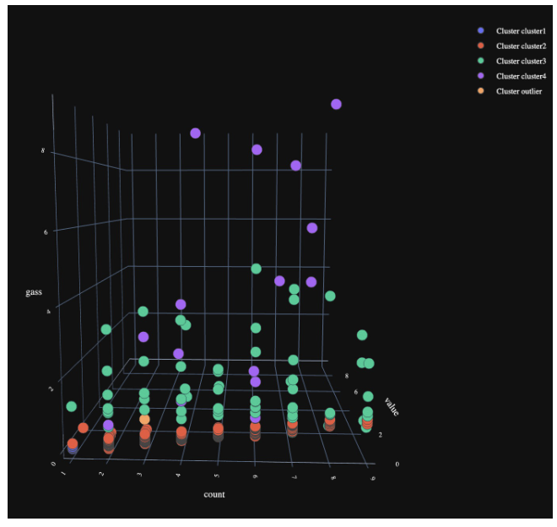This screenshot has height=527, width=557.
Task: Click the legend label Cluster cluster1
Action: [x=521, y=31]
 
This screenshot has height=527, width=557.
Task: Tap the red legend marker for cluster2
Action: [x=481, y=46]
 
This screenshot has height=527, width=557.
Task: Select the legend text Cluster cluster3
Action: [x=521, y=62]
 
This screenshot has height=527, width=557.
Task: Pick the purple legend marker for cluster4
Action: [x=481, y=77]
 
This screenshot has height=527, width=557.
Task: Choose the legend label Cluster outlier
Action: [x=518, y=91]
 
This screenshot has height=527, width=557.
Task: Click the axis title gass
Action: [x=34, y=292]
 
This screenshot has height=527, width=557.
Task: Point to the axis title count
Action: [x=214, y=494]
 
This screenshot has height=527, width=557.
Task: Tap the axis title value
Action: [x=392, y=406]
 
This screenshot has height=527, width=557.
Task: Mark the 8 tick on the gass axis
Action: [x=42, y=152]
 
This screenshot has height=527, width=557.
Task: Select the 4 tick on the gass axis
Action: [x=47, y=312]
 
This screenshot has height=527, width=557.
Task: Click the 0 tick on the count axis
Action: [x=55, y=464]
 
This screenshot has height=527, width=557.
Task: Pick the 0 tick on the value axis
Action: [x=397, y=464]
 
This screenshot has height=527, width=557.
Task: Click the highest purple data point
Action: [x=336, y=104]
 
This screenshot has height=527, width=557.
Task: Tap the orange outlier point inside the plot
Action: [x=144, y=420]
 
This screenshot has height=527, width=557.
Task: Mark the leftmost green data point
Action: [x=72, y=407]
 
